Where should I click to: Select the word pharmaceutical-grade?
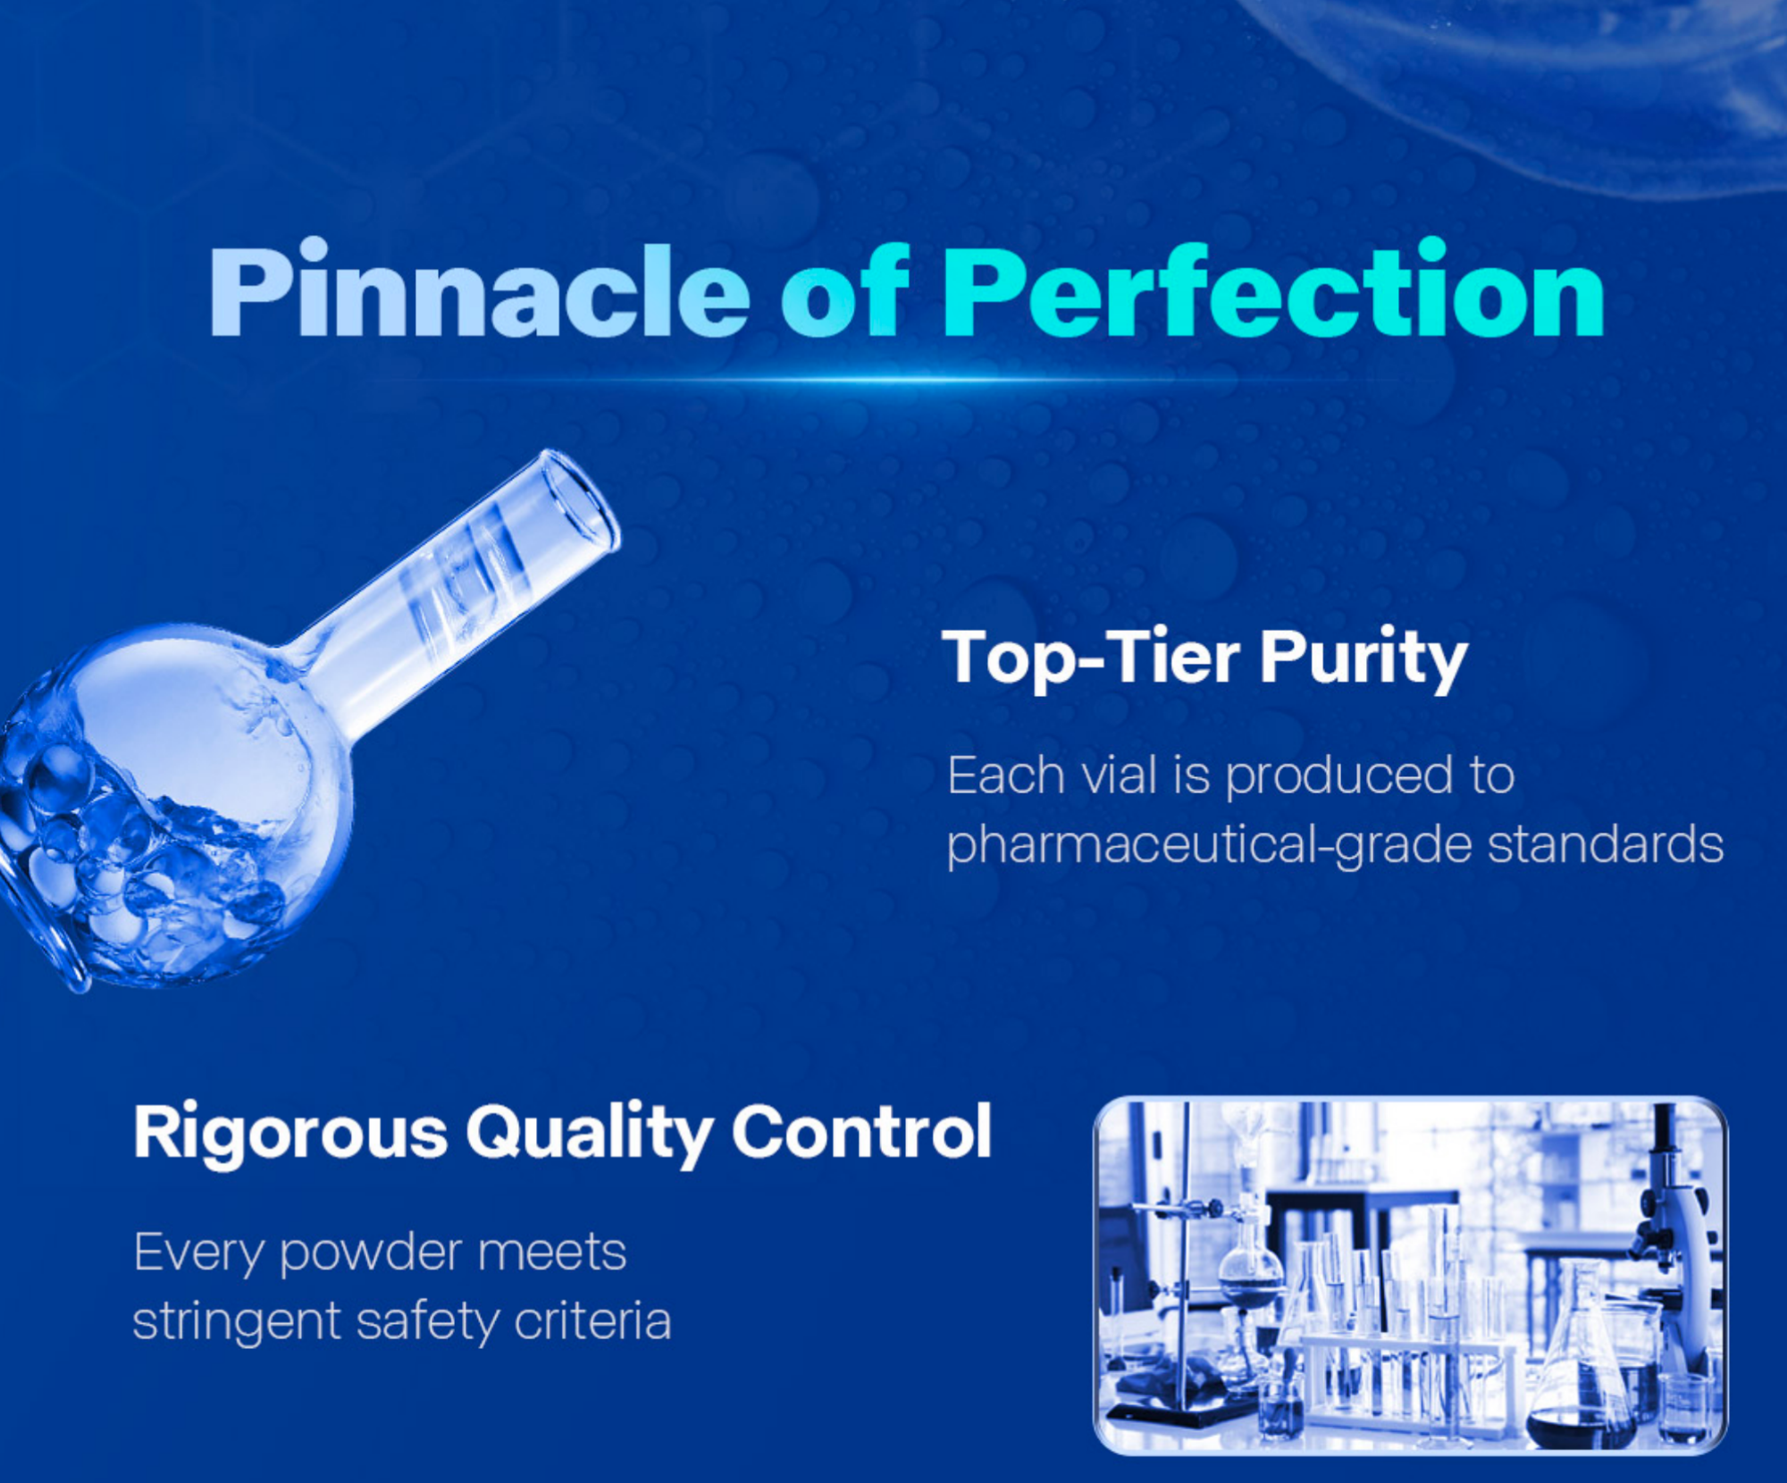pyautogui.click(x=1209, y=845)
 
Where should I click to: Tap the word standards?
pyautogui.click(x=1605, y=844)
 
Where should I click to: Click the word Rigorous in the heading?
pyautogui.click(x=289, y=1132)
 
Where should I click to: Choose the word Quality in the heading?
pyautogui.click(x=589, y=1132)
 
